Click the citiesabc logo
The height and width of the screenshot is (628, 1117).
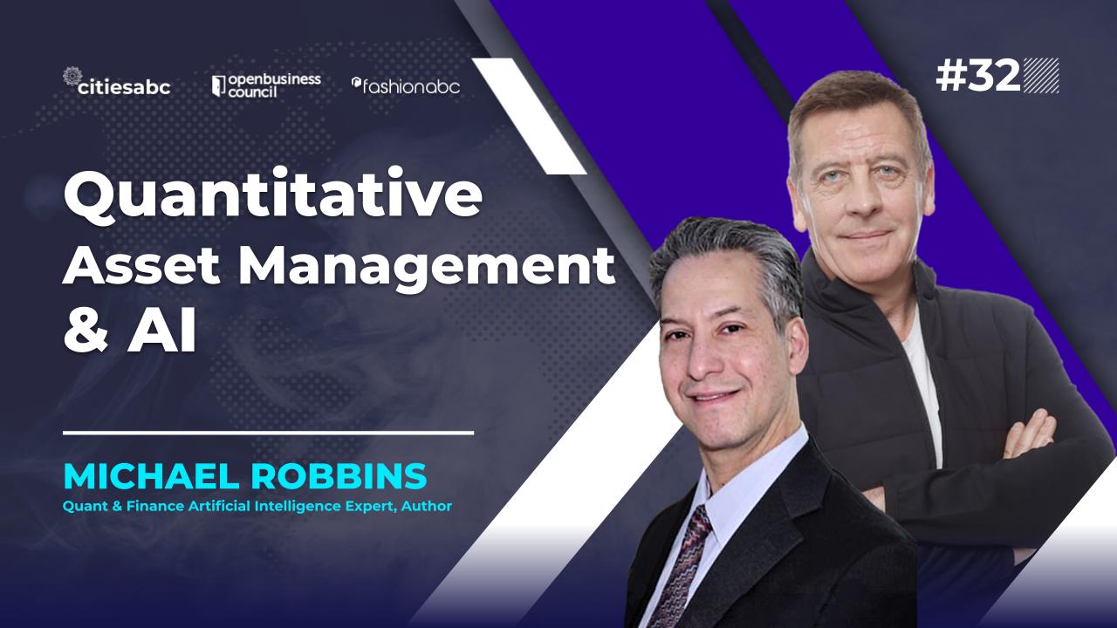point(117,85)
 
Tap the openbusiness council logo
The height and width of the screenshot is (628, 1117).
point(266,85)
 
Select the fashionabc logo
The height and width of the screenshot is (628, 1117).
point(406,85)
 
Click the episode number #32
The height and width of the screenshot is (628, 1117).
point(978,77)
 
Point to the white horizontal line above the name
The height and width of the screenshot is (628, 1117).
point(268,432)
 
